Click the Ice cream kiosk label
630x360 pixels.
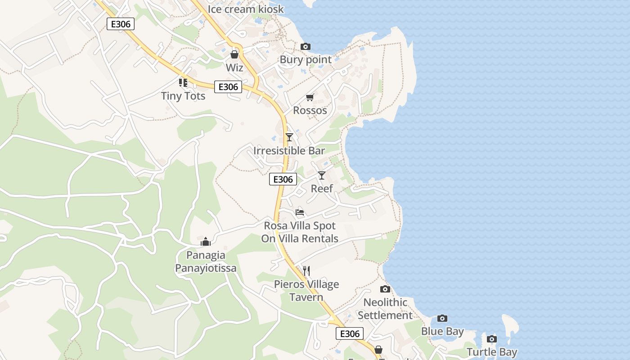(246, 9)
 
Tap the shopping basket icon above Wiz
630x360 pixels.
(234, 54)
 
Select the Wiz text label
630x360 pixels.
(234, 68)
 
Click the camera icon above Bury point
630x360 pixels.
(306, 46)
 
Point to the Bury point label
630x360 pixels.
(306, 60)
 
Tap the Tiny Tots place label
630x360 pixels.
(183, 96)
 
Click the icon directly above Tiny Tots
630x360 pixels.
(183, 82)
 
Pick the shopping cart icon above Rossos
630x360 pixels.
(310, 97)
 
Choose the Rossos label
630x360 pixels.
(310, 110)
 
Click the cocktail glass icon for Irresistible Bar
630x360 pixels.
(289, 137)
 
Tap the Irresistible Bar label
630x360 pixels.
(289, 151)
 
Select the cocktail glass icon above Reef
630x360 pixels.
(322, 175)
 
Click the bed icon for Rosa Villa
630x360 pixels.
(300, 212)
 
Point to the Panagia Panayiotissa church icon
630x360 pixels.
(206, 242)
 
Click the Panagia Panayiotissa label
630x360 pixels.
(206, 262)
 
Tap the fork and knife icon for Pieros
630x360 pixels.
(306, 270)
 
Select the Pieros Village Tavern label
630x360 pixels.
(306, 291)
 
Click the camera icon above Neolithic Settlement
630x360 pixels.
(385, 289)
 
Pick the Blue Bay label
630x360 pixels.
(442, 332)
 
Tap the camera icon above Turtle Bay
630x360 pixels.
(492, 339)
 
